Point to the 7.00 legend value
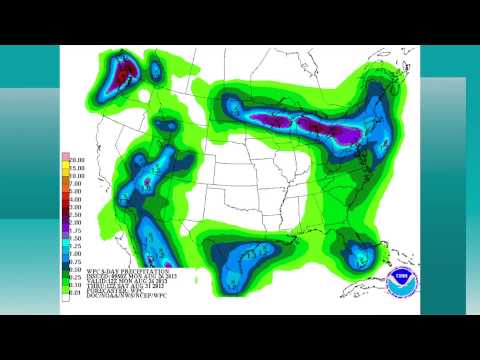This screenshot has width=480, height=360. click(76, 183)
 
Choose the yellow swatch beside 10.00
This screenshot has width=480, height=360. click(65, 175)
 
